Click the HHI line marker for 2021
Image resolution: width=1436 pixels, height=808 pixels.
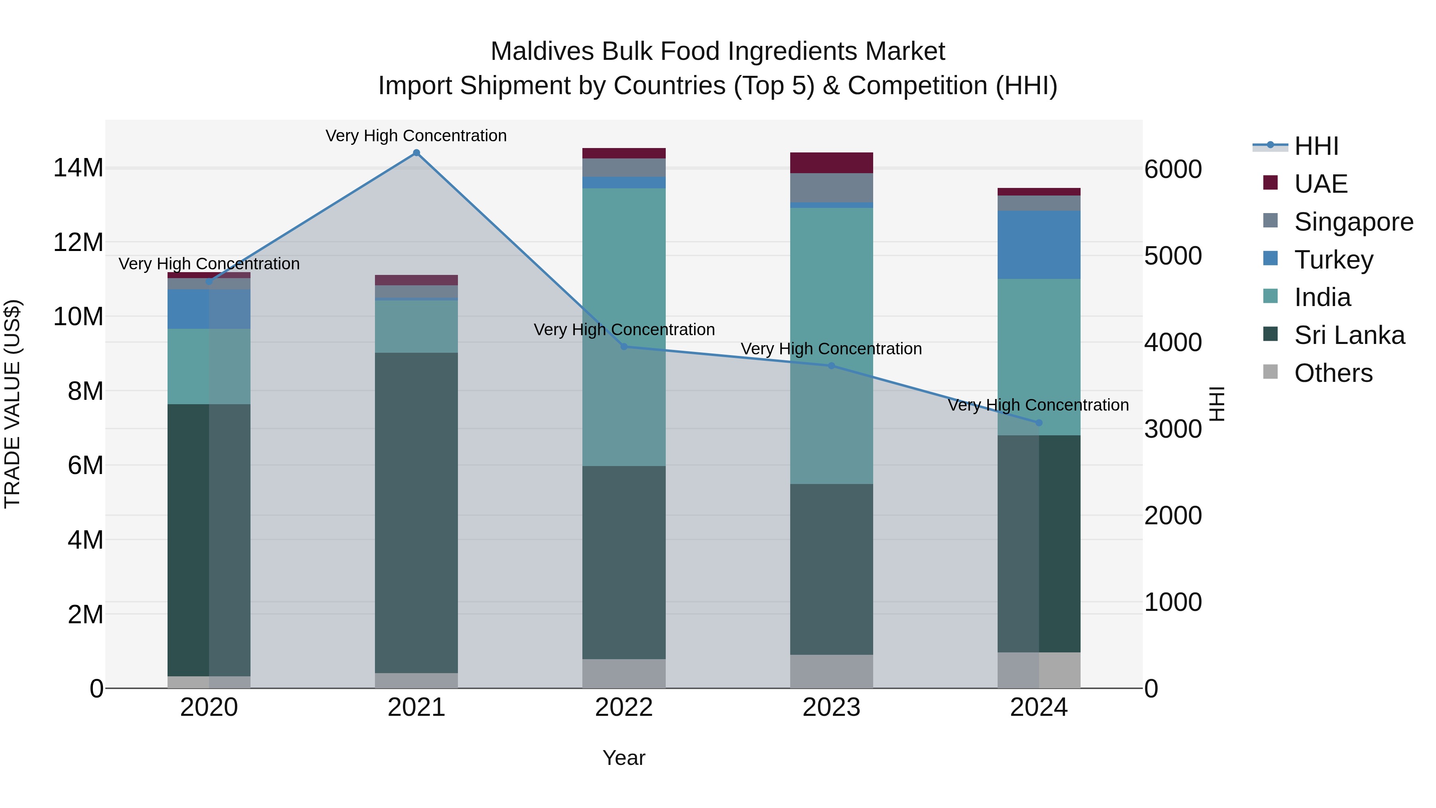point(416,153)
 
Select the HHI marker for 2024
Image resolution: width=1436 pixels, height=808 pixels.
point(1039,423)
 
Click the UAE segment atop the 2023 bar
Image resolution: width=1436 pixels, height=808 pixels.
point(831,162)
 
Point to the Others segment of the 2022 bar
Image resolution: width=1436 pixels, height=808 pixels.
point(624,673)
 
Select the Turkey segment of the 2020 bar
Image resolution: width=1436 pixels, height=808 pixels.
point(209,308)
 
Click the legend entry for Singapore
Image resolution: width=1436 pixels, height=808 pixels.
point(1353,222)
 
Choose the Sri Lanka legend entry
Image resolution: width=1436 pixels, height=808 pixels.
point(1349,335)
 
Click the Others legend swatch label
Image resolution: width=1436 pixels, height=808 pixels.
point(1333,373)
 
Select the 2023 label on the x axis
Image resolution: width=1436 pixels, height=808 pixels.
point(831,707)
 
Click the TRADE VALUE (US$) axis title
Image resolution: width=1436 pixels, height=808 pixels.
point(12,404)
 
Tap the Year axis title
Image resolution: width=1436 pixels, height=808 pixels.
point(624,758)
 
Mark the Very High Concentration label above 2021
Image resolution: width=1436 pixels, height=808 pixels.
point(416,136)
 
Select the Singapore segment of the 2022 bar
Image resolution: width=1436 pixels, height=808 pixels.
point(624,167)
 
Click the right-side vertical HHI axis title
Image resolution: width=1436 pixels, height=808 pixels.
point(1217,404)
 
